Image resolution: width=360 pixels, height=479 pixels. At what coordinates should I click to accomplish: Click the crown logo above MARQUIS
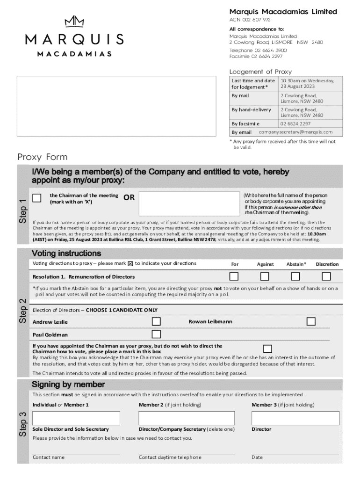(x=74, y=22)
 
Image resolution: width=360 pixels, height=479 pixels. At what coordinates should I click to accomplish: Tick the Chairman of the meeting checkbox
(x=37, y=198)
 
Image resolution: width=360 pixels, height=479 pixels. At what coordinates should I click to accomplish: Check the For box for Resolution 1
(x=234, y=276)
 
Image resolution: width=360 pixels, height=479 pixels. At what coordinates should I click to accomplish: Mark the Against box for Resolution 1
(x=265, y=276)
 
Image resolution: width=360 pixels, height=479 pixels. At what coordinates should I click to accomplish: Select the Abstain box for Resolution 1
(x=295, y=276)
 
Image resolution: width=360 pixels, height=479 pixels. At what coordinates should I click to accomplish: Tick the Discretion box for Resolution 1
(x=326, y=276)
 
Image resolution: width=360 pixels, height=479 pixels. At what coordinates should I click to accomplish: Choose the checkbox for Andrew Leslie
(x=156, y=321)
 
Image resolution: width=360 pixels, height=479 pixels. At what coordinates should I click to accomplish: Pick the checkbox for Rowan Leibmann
(x=311, y=321)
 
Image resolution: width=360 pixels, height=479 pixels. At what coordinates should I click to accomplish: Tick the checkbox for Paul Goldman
(x=156, y=334)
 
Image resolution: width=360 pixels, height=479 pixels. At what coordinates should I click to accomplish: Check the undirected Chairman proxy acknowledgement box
(x=267, y=348)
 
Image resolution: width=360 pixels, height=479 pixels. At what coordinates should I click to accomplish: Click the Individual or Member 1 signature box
(x=76, y=418)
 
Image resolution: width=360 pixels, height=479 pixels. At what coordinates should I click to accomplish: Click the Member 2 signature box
(x=186, y=418)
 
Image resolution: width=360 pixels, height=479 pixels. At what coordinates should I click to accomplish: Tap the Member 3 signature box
(x=295, y=418)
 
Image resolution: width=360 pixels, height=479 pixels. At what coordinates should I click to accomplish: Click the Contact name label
(x=49, y=457)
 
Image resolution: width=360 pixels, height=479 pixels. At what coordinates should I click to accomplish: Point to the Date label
(x=257, y=457)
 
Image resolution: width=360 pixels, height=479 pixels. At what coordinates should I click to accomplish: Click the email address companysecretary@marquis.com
(x=295, y=132)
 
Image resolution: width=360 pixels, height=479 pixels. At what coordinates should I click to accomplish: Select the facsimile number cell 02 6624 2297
(x=295, y=123)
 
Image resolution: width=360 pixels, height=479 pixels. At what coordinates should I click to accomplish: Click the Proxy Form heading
(x=43, y=157)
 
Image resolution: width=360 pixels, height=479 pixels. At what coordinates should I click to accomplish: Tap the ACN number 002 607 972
(x=250, y=20)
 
